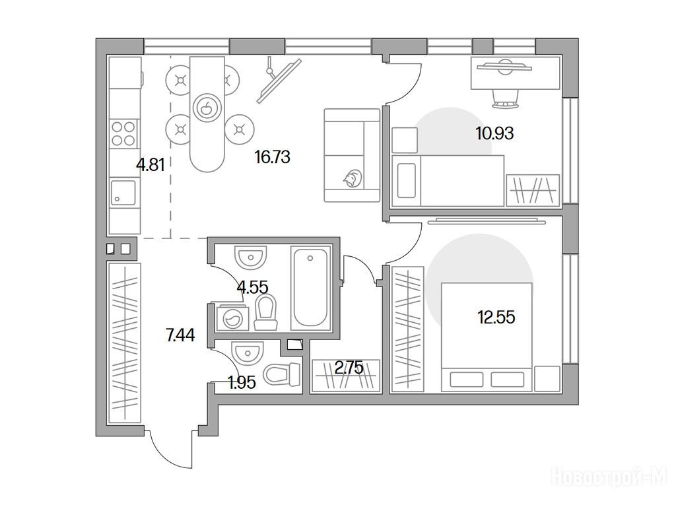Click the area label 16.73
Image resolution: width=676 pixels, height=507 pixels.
coord(272,157)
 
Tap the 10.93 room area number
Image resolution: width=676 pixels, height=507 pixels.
coord(494,133)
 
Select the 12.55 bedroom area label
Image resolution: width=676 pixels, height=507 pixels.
coord(496,318)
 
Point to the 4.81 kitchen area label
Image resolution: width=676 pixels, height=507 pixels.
coord(150,164)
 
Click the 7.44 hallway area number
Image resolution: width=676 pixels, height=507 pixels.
coord(180,335)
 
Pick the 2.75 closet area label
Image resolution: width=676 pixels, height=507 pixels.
coord(349,368)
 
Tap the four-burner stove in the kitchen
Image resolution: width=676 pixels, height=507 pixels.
coord(123,133)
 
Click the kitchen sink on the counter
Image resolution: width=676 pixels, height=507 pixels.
coord(123,192)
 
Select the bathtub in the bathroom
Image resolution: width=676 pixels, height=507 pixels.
coord(310,287)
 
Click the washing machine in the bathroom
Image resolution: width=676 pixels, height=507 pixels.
coord(231,318)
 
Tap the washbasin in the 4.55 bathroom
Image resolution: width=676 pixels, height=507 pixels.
coord(250,257)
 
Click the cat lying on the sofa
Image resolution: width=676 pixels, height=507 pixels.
coord(353,178)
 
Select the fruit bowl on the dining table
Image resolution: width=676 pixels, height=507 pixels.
coord(207,107)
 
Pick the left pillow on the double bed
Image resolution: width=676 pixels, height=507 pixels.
coord(466,380)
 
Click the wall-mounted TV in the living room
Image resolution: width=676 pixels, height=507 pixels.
coord(279,81)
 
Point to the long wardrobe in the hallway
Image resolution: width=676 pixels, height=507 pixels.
coord(124,343)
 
